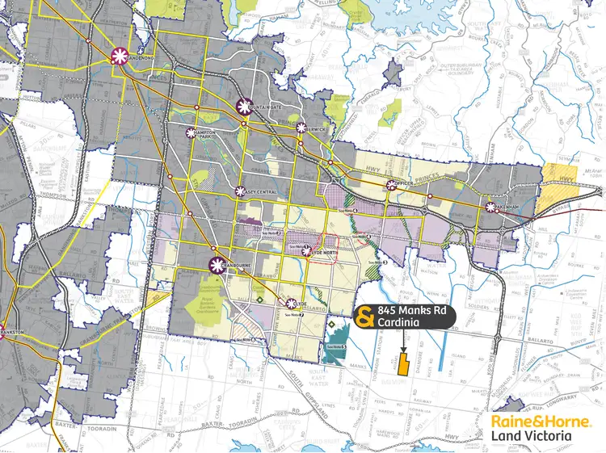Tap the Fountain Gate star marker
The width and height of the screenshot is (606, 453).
coord(244,106)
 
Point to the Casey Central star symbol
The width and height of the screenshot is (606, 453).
coord(240,191)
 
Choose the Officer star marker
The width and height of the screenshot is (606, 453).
coord(391,186)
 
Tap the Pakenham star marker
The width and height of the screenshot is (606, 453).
coord(490,208)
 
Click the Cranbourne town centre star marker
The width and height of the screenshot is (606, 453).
coord(217,263)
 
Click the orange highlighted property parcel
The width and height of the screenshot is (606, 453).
coord(402,363)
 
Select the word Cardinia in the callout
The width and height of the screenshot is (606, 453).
coord(401,324)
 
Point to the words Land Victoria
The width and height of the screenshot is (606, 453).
coord(530,436)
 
